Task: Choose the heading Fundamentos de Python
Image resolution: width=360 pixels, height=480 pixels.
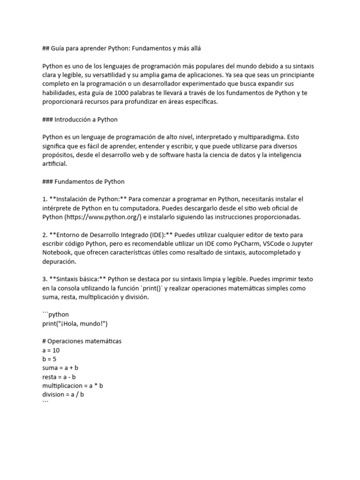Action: coord(89,181)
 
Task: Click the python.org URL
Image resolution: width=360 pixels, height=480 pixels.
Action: coord(103,217)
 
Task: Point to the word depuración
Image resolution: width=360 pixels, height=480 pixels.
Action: coord(59,262)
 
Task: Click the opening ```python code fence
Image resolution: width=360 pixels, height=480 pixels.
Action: coord(55,315)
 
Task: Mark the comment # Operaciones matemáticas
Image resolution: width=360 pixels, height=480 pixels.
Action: coord(82,341)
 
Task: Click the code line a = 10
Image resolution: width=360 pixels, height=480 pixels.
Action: coord(51,350)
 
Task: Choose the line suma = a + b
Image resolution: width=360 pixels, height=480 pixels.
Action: coord(60,368)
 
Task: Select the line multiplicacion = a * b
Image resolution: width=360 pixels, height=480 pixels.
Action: coord(73,386)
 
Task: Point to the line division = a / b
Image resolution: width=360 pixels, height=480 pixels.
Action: coord(63,395)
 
